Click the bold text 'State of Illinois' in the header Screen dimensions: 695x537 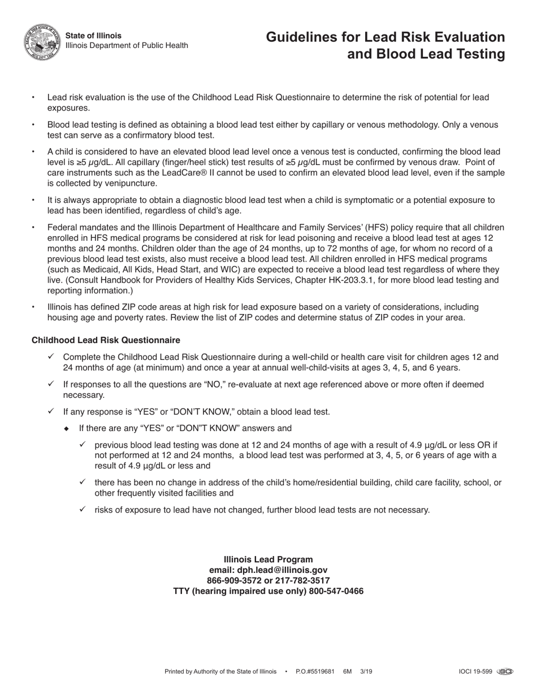(x=93, y=36)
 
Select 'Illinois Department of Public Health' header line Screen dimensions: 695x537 (x=127, y=46)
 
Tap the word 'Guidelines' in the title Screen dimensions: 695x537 (x=300, y=37)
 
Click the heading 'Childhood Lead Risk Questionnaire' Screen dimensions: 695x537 (x=106, y=340)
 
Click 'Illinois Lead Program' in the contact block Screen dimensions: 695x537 (x=268, y=559)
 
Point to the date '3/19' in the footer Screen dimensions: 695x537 (x=366, y=672)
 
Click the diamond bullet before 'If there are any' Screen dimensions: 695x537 (x=67, y=428)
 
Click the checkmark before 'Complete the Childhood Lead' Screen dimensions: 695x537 (x=51, y=357)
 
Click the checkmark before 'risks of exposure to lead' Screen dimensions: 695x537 (x=83, y=510)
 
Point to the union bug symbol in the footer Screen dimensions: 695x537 (x=505, y=672)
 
